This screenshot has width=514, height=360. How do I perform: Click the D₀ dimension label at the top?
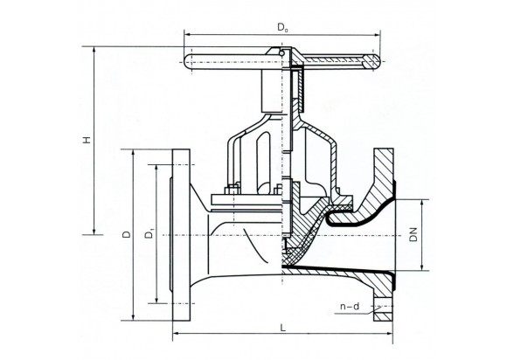click(282, 27)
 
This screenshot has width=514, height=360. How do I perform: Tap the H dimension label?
click(87, 140)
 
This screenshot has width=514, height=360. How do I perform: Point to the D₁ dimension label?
click(149, 233)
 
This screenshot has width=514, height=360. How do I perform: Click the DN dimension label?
click(413, 234)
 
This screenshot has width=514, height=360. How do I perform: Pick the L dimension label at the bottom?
click(283, 328)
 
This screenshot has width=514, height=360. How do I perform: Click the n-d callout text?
click(350, 307)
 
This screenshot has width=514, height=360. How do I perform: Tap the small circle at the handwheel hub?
click(281, 53)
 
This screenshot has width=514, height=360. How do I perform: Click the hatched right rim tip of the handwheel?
click(376, 61)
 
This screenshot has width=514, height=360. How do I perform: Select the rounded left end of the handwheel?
click(188, 62)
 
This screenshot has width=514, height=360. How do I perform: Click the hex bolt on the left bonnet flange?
click(233, 190)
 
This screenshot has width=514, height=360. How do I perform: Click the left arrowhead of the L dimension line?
click(176, 334)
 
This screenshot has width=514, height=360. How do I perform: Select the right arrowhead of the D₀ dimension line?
click(377, 34)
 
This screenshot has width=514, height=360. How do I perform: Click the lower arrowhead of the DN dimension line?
click(422, 267)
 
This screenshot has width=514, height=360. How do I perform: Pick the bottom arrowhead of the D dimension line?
click(133, 317)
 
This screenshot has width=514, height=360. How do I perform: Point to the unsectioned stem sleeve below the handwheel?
click(271, 90)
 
